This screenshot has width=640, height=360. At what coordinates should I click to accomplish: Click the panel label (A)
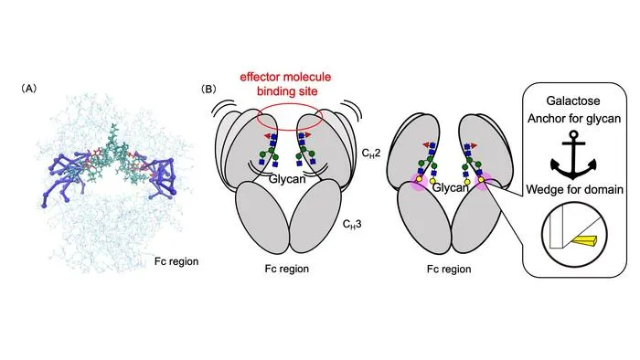click(28, 89)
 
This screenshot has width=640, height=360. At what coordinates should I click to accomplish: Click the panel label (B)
click(208, 89)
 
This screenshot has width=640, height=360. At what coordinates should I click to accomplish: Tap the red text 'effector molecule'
click(285, 77)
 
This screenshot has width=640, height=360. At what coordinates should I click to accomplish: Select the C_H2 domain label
click(371, 153)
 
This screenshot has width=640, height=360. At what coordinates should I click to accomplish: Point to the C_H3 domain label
click(352, 224)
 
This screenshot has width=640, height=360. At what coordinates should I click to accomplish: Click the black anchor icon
click(573, 155)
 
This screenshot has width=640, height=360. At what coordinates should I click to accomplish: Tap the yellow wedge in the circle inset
click(583, 241)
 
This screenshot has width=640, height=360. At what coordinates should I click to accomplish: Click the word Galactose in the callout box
click(573, 101)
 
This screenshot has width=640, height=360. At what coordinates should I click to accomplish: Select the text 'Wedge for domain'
click(574, 189)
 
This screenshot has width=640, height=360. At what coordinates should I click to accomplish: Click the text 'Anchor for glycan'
click(574, 119)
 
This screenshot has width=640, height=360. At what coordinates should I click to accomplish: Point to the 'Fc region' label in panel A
click(176, 261)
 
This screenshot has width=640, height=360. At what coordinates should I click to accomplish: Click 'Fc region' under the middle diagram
click(286, 269)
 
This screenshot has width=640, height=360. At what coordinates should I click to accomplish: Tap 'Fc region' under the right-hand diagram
click(449, 269)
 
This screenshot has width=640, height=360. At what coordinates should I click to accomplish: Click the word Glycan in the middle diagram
click(287, 178)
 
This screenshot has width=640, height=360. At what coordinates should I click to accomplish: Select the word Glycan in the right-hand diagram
click(450, 187)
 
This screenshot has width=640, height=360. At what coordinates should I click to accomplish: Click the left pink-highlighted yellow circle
click(419, 179)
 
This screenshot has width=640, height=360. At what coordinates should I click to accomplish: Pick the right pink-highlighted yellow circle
click(482, 180)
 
